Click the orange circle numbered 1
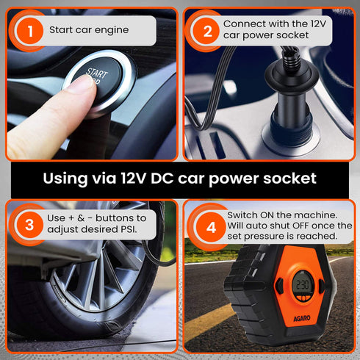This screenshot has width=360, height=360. coord(30,31)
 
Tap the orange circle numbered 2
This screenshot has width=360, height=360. coord(207,31)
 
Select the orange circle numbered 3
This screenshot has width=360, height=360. coord(29,225)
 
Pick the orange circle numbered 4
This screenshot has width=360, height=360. coord(211,227)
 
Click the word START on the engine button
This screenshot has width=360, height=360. coord(97,73)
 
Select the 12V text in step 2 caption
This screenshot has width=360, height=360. coord(318,24)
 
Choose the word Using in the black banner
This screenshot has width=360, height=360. coord(65,179)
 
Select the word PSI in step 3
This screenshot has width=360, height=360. coord(129,229)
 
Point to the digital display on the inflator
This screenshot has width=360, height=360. coord(303,284)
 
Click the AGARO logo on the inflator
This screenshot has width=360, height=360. coord(302,318)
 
